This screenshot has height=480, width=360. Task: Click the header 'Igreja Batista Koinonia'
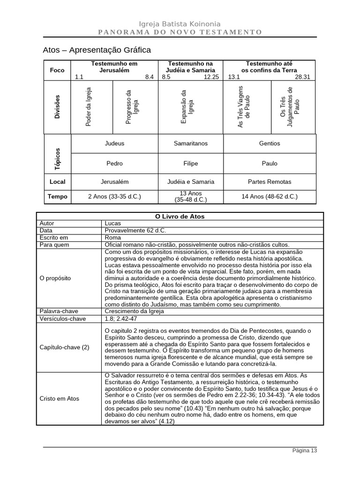(x=180, y=24)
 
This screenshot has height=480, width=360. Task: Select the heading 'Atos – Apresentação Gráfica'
(x=97, y=50)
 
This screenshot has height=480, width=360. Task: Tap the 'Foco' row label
(x=57, y=70)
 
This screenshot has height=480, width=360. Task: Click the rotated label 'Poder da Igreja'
(x=89, y=107)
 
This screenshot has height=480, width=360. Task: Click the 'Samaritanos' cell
(x=190, y=143)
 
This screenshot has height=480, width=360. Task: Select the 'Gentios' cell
(x=270, y=143)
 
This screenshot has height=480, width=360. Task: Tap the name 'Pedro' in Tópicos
(x=115, y=164)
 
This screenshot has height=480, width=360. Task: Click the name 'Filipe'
(x=190, y=164)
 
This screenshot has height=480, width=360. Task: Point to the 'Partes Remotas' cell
(x=270, y=181)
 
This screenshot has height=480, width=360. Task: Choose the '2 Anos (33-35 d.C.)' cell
(x=114, y=197)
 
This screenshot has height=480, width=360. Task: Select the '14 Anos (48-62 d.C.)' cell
(x=270, y=197)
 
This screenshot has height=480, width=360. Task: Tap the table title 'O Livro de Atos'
(x=180, y=217)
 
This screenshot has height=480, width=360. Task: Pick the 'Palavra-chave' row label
(x=59, y=311)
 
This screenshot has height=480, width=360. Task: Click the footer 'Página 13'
(x=304, y=450)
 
